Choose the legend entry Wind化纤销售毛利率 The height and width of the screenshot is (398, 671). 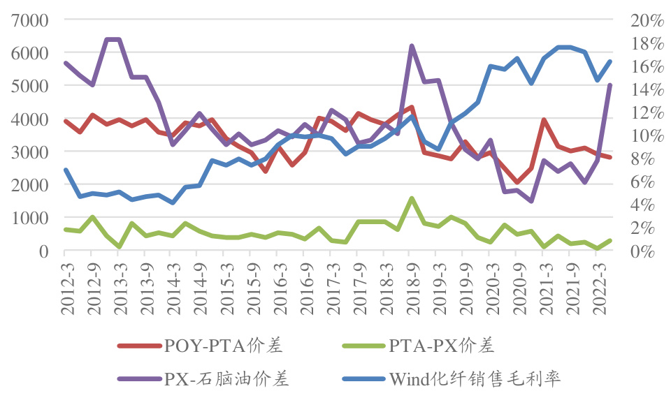pyautogui.click(x=475, y=379)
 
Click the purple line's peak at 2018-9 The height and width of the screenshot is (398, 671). pyautogui.click(x=412, y=46)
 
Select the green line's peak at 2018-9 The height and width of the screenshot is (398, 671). pyautogui.click(x=412, y=198)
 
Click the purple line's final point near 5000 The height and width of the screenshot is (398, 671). pyautogui.click(x=610, y=85)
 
